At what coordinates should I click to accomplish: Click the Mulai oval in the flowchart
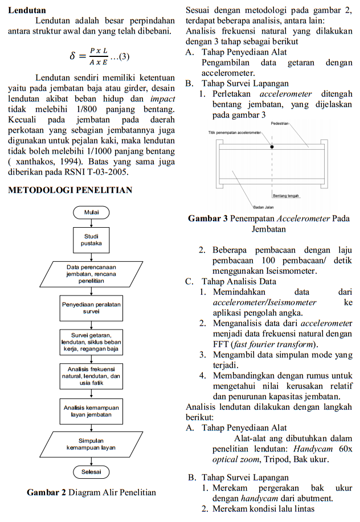[91, 212]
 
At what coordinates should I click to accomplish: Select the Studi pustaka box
[91, 239]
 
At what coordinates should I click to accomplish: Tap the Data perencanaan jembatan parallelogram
[91, 274]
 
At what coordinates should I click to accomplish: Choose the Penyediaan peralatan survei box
[91, 308]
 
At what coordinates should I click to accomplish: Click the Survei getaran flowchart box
[91, 341]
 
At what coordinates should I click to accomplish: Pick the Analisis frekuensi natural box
[91, 376]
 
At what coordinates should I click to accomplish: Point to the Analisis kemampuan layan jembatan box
[91, 411]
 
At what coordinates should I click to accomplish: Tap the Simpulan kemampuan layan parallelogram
[91, 444]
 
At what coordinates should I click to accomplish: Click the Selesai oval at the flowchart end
[91, 472]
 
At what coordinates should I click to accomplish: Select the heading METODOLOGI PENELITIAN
[70, 190]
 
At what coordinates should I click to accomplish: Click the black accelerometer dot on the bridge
[272, 146]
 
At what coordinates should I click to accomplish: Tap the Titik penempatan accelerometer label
[234, 133]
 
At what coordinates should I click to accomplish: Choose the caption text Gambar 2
[46, 492]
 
